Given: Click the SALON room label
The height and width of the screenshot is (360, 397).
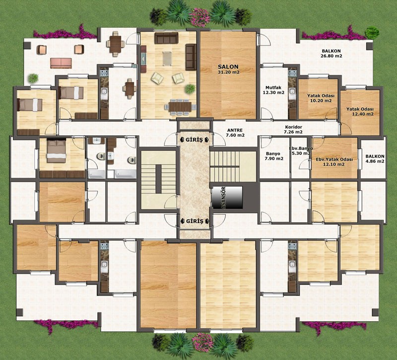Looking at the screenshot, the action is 228,67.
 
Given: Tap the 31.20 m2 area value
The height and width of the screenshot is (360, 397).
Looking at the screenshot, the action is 228,72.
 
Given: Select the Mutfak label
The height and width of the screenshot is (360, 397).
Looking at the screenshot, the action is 273,88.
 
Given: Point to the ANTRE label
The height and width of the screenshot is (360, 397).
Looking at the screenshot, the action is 235,130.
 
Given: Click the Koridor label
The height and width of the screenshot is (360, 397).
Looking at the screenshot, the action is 293,127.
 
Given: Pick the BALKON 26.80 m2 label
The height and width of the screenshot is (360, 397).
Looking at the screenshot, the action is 331,54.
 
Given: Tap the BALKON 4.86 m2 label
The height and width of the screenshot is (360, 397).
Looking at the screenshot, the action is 375,159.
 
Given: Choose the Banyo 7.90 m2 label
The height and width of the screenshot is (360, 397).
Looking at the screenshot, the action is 274,156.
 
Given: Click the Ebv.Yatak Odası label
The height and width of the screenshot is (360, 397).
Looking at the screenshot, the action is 334,160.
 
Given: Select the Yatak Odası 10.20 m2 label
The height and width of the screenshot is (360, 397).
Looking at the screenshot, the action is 321,98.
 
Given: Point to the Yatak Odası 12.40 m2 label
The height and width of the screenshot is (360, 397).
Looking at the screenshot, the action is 360,112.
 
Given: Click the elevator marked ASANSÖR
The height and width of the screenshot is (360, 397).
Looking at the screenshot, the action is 227,197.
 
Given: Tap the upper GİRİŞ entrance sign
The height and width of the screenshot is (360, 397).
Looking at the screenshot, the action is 194,140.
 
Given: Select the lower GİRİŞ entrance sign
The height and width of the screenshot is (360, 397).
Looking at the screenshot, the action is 195,221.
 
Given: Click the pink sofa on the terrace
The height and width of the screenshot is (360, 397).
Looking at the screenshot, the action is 61,63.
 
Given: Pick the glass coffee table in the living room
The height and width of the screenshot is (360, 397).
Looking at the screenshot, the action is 167,59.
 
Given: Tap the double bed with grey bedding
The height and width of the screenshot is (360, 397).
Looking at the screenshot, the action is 56,151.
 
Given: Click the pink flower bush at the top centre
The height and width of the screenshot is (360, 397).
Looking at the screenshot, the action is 201,17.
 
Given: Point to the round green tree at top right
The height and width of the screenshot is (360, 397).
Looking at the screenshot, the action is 372,32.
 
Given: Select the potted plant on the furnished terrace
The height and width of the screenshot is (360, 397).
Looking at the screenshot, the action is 33,78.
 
